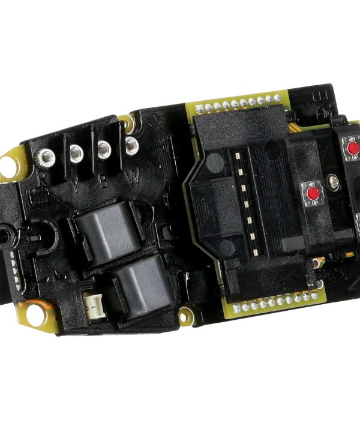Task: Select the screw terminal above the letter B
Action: [104, 149]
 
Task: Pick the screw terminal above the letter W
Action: [131, 144]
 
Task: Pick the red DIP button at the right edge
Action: [353, 148]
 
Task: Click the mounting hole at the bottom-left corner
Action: [37, 319]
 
